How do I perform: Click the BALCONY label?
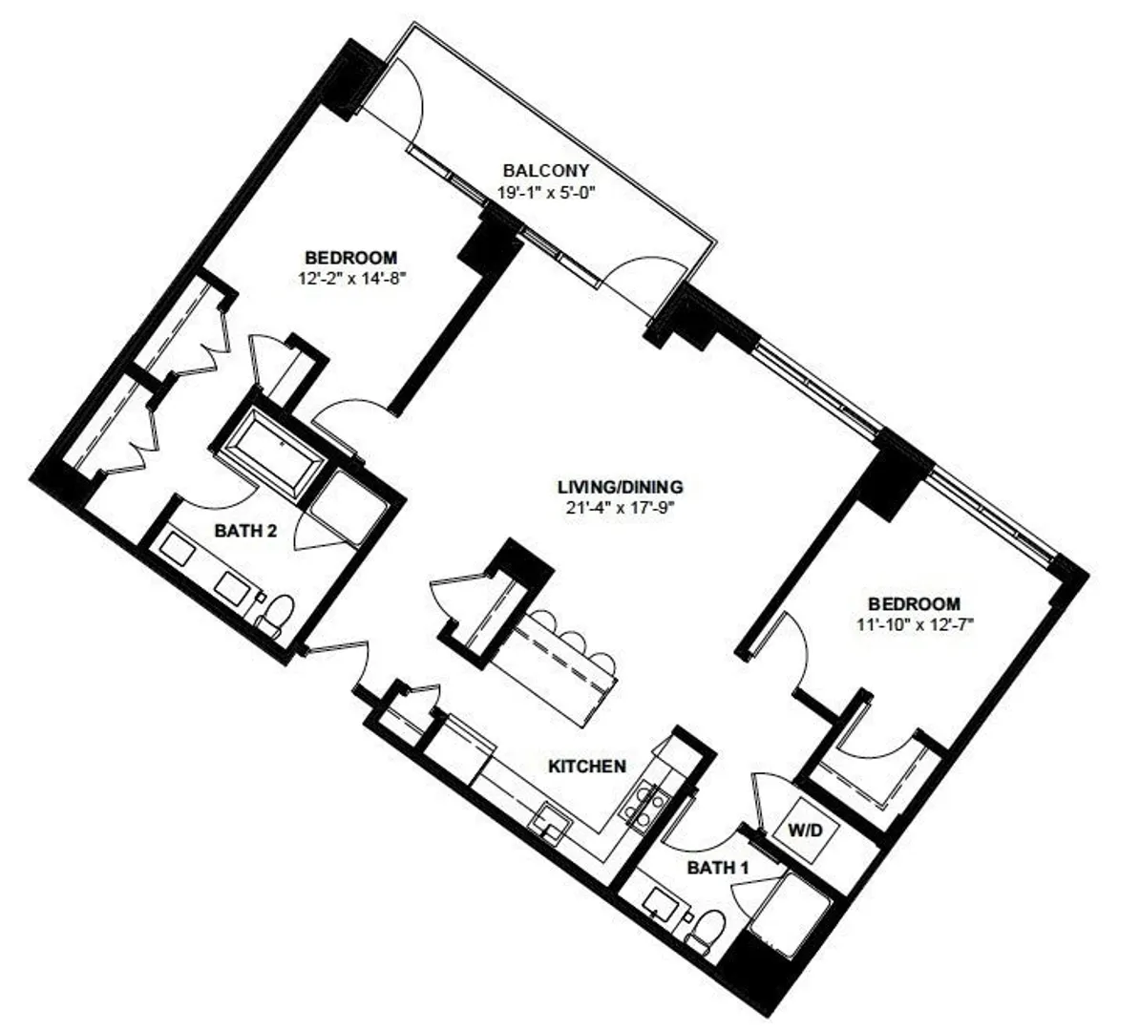pyautogui.click(x=545, y=171)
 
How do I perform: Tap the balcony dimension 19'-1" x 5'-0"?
pyautogui.click(x=546, y=194)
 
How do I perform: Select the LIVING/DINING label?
pyautogui.click(x=621, y=487)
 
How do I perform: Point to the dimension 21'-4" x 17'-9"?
pyautogui.click(x=621, y=508)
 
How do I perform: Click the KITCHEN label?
pyautogui.click(x=587, y=766)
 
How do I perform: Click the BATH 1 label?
pyautogui.click(x=718, y=868)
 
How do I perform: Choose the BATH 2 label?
pyautogui.click(x=245, y=531)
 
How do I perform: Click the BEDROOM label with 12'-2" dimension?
pyautogui.click(x=351, y=258)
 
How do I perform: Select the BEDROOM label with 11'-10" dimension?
pyautogui.click(x=915, y=603)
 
